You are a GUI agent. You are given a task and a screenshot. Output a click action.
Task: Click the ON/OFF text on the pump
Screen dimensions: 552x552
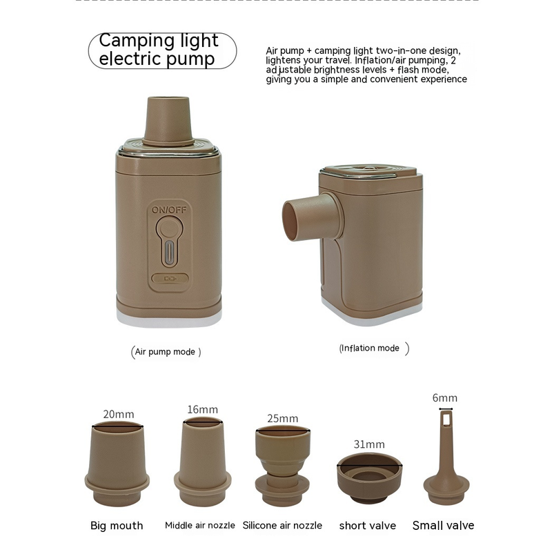point(169,210)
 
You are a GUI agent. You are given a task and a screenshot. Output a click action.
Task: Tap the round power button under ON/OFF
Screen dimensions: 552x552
point(169,228)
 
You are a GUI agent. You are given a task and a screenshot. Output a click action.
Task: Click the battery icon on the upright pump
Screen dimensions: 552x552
point(170,279)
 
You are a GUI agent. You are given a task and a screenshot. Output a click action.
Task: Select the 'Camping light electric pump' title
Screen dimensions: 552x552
point(159,50)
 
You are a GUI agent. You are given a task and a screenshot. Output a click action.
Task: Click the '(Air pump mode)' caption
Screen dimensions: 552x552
point(166,352)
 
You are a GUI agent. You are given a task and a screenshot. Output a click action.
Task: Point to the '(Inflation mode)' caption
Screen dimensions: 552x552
point(374,348)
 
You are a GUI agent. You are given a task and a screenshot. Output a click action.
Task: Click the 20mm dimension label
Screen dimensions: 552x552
point(118,414)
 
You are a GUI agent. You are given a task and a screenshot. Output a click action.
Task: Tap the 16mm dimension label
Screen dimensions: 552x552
point(202,409)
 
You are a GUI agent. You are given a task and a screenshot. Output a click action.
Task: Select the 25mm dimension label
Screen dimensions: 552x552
point(282,418)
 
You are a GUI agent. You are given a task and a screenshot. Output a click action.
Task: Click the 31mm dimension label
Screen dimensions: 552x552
point(369,444)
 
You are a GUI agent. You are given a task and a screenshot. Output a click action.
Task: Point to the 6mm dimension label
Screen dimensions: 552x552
point(445,398)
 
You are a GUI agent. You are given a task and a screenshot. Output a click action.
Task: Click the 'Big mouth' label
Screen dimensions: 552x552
point(117,526)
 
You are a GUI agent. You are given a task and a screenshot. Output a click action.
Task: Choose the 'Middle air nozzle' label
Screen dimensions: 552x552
point(200,525)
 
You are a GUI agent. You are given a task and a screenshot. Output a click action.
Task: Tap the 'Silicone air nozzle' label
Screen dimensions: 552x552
point(282,525)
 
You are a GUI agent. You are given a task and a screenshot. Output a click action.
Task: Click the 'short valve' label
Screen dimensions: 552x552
point(368,526)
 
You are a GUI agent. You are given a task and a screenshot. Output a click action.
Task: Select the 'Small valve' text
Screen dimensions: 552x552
point(443,525)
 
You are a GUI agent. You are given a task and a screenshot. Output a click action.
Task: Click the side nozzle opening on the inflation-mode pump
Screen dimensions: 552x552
point(290,221)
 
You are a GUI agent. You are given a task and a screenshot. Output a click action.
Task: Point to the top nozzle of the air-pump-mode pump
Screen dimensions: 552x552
point(168,121)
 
